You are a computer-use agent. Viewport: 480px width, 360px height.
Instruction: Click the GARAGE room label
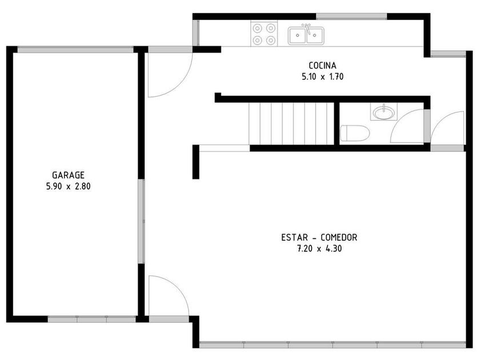tap(68, 175)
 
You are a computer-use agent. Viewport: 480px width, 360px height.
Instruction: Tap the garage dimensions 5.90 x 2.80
tap(68, 186)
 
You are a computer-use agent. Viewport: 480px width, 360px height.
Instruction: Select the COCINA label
tap(322, 66)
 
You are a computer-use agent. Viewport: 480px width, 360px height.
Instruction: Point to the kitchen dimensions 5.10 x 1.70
tap(322, 77)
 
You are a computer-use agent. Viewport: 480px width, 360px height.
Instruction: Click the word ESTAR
tap(294, 238)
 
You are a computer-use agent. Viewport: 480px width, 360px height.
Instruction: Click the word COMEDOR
tap(339, 238)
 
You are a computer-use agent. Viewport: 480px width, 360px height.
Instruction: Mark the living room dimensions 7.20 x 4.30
tap(319, 249)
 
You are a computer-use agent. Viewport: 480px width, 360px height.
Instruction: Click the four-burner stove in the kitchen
tap(264, 34)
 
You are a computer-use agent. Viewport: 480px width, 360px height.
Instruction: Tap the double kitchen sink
tap(306, 35)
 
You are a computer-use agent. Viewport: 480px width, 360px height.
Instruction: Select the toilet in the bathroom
tap(355, 134)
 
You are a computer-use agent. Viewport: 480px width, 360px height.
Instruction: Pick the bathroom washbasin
tap(384, 112)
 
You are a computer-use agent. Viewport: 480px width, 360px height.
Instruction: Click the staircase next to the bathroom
tap(291, 123)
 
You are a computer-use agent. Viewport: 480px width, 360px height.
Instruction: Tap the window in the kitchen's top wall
tap(351, 17)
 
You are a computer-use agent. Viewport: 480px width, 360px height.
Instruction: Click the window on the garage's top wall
tap(75, 50)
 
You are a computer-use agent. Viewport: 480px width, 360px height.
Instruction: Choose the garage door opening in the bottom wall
tap(91, 319)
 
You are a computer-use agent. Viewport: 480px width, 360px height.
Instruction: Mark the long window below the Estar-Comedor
tap(333, 345)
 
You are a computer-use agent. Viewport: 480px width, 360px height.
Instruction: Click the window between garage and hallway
tap(141, 221)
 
